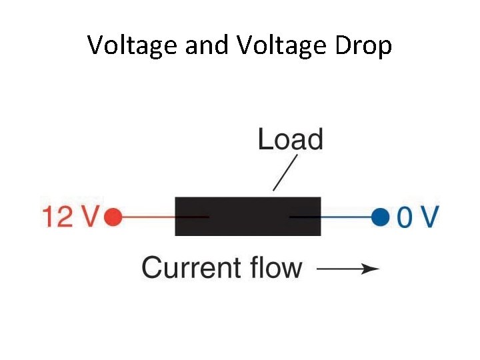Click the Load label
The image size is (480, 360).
[290, 140]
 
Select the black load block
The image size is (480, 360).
[247, 216]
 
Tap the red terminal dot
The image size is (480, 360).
[113, 217]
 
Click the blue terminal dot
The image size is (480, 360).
[380, 217]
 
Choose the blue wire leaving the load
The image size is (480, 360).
[347, 217]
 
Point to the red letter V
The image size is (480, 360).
[89, 217]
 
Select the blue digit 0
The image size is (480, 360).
[405, 217]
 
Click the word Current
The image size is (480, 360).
[191, 268]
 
